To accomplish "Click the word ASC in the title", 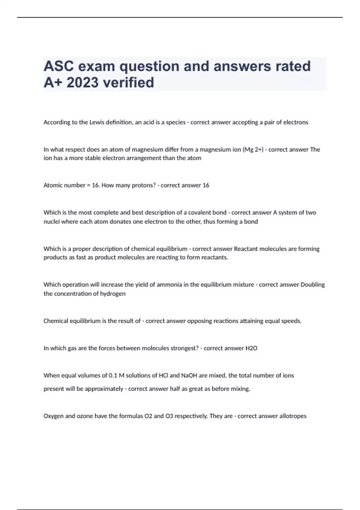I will pos(58,66).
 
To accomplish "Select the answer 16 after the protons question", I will pos(206,185).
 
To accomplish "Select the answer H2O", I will pos(251,348).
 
